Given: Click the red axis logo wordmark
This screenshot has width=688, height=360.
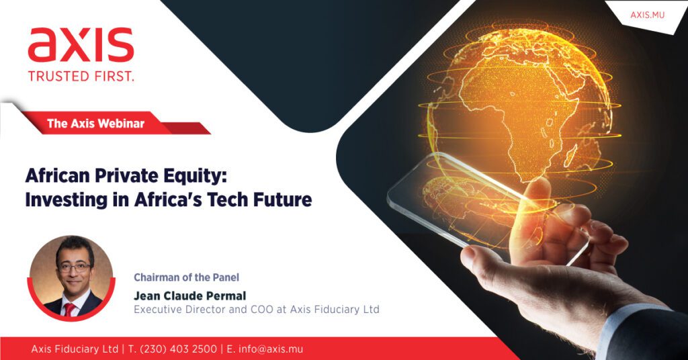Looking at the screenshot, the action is tap(81, 45).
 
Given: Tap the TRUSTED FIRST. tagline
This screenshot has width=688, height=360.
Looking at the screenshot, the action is tap(81, 77).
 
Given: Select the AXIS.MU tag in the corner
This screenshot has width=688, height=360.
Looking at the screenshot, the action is tap(647, 15).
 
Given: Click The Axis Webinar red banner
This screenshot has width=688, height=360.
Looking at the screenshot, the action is tap(95, 123).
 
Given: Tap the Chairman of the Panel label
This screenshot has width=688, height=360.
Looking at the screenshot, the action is tap(187, 277).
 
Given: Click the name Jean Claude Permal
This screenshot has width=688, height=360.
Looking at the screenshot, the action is tap(190, 296).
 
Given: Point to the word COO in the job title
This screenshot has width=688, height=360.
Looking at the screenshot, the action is tap(262, 309).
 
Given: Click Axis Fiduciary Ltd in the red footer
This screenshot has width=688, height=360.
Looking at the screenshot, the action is tap(75, 349).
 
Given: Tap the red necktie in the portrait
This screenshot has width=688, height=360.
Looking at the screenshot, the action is tap(70, 310).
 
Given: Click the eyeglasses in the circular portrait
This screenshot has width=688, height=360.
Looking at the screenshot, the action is tap(74, 267).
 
